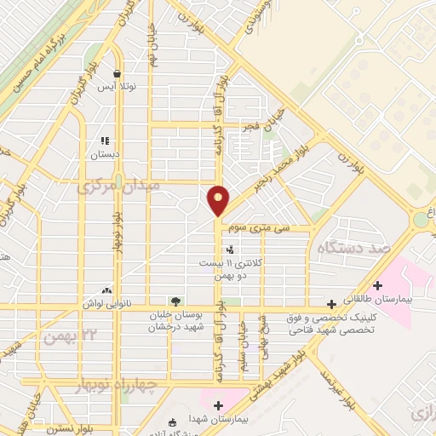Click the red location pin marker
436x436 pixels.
pos(219,201)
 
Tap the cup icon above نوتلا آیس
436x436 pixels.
pos(116,73)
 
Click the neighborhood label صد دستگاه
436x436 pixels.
pos(347,248)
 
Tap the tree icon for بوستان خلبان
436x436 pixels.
pos(175,301)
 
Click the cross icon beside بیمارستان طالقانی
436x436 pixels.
pos(331,303)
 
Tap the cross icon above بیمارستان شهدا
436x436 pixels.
pos(219,405)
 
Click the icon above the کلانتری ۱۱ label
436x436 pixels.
pos(229,250)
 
